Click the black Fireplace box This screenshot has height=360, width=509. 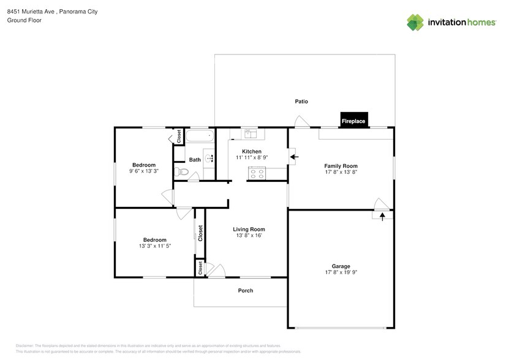(353, 121)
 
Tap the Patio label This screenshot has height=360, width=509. (301, 102)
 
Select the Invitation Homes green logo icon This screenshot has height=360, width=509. (415, 22)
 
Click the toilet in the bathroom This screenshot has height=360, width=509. (179, 171)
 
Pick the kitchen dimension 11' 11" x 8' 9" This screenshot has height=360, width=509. (252, 158)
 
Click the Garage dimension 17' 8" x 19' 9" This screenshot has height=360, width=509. (341, 273)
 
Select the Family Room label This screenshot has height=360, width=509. (341, 166)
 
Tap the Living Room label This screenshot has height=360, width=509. (249, 229)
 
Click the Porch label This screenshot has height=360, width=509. (245, 290)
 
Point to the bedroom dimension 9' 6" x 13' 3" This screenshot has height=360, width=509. (144, 171)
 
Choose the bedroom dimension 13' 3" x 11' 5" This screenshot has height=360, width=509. (154, 246)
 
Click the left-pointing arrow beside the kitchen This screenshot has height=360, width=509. (294, 157)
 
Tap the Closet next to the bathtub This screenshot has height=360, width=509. (179, 136)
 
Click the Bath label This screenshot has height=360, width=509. (195, 160)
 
